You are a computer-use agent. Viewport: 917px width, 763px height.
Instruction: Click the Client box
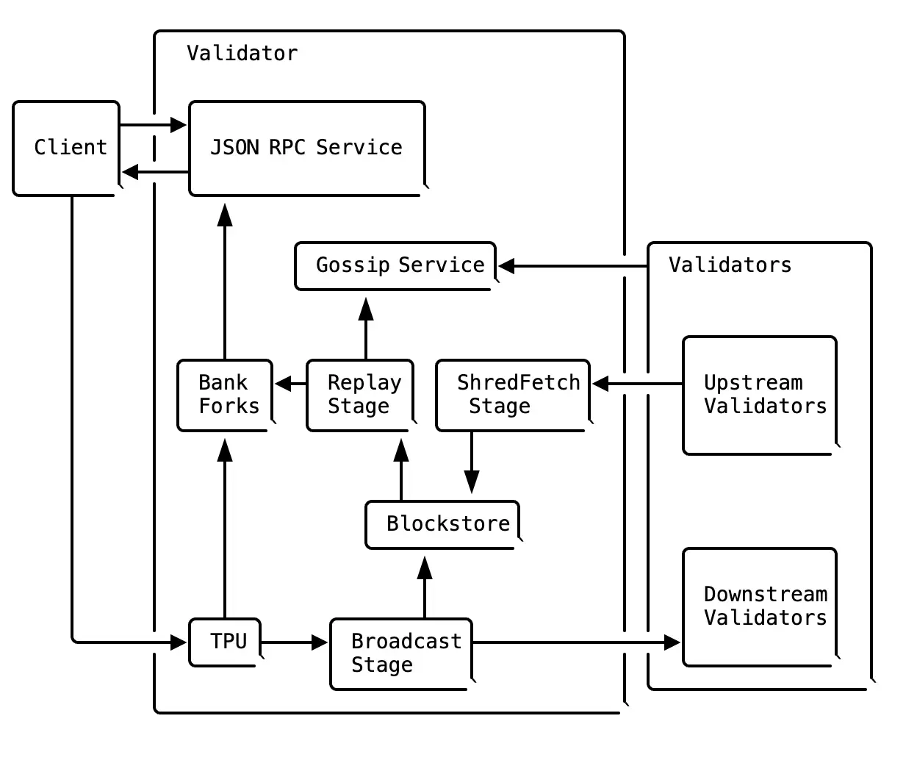(66, 148)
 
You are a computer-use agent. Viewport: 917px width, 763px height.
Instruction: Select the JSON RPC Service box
(306, 148)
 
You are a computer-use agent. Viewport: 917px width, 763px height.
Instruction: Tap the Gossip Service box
(395, 265)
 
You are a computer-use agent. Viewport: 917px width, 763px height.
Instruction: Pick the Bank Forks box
(225, 395)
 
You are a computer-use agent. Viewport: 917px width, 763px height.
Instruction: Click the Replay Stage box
(360, 395)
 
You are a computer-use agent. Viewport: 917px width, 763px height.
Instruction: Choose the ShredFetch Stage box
(513, 395)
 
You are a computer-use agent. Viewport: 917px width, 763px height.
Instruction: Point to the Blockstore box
(442, 524)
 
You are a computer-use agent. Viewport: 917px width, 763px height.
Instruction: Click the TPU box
(225, 642)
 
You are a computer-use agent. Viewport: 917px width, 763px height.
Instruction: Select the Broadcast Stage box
(401, 653)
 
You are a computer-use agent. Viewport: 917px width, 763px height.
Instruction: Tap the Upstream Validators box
(760, 395)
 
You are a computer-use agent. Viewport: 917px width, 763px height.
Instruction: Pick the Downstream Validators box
(760, 606)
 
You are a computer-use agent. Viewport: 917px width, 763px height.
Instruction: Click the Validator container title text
(242, 54)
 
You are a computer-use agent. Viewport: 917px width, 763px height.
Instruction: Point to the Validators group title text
(730, 265)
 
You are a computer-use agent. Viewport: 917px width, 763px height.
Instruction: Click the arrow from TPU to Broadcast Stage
(294, 642)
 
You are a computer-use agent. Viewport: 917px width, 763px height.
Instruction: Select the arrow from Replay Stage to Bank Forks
(291, 384)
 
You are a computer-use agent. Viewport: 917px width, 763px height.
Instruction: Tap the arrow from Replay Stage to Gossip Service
(366, 328)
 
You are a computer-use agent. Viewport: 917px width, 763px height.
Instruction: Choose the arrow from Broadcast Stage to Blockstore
(425, 588)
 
